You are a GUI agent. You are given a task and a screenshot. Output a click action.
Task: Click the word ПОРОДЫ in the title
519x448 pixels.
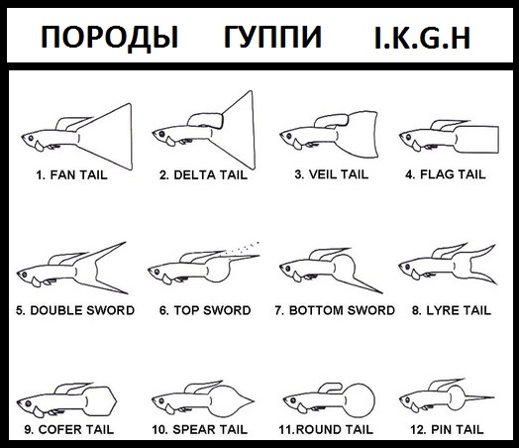coord(110,38)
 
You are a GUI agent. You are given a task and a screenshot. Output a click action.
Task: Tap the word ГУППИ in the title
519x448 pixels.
coord(272,37)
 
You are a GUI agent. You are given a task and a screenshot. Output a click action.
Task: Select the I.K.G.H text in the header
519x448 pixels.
coord(422,38)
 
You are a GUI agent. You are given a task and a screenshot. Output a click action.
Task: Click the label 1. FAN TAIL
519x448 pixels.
coord(72,174)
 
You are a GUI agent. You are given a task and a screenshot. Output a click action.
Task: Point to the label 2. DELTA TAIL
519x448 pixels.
coord(203,174)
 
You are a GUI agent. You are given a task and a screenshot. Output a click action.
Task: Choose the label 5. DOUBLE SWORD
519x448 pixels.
coord(75,310)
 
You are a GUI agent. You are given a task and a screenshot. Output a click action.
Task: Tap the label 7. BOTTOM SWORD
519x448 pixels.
coord(335,310)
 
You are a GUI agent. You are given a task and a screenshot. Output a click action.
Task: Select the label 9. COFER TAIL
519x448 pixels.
coord(69,429)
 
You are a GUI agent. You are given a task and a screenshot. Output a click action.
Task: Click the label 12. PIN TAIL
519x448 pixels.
coord(447,429)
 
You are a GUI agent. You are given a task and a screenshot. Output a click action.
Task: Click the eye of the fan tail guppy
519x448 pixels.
coord(31,138)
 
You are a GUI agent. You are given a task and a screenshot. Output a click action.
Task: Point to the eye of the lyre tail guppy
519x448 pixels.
coord(408,266)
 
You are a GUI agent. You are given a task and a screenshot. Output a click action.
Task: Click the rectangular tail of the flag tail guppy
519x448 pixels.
coord(476,140)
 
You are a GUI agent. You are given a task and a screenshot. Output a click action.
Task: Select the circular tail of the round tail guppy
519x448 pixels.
coord(359,400)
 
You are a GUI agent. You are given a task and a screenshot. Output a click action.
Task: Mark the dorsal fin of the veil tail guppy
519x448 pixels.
coord(332,121)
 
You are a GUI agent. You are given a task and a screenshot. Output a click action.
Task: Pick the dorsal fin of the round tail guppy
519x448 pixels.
coord(331,389)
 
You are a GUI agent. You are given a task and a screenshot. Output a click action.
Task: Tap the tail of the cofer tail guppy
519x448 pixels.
coord(100,401)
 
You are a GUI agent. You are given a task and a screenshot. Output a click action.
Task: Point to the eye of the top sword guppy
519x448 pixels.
coord(157,272)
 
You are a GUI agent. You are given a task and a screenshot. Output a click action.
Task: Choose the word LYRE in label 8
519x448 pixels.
coord(442,310)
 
